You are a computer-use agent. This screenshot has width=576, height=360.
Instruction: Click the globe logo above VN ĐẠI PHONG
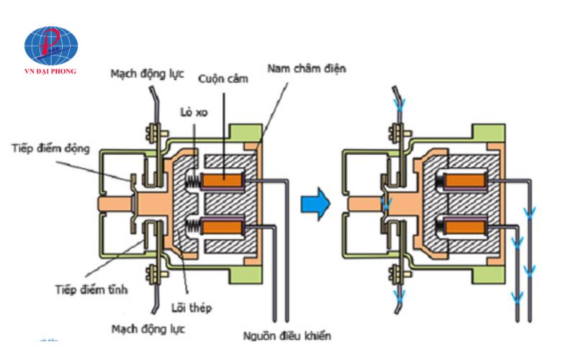point(51,45)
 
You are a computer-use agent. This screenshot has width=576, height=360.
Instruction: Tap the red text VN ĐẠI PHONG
point(50,71)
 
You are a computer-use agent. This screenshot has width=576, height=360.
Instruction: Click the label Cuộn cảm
point(223,79)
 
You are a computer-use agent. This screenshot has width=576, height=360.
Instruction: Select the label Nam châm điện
point(307,68)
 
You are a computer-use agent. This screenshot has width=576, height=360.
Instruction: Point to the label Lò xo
point(194,112)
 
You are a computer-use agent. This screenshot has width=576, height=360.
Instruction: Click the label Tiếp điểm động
point(50,148)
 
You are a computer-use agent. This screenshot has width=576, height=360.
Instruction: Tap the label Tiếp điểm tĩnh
point(91,289)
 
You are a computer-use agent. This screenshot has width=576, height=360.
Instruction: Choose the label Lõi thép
point(192,307)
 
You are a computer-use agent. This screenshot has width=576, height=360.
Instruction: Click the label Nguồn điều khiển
point(287,336)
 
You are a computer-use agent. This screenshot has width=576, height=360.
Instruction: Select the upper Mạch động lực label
point(148,74)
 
